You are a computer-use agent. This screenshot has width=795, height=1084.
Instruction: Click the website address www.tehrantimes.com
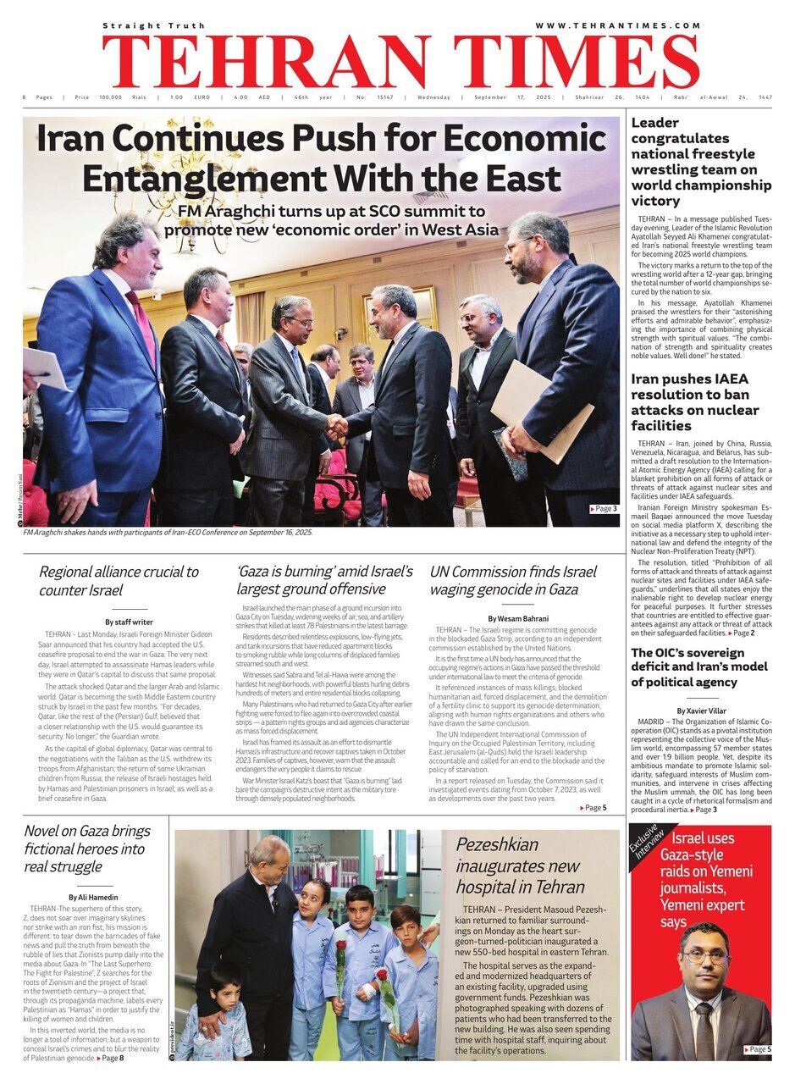click(618, 25)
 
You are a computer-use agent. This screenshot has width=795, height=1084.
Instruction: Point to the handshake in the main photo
click(338, 426)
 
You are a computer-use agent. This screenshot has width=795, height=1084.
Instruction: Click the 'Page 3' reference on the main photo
click(604, 509)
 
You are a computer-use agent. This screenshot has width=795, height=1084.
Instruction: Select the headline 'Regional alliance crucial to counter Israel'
click(119, 580)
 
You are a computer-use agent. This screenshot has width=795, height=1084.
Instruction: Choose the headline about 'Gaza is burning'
click(324, 579)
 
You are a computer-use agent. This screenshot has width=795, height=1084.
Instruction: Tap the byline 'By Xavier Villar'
click(700, 710)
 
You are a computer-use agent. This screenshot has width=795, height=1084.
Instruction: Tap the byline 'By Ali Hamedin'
click(94, 897)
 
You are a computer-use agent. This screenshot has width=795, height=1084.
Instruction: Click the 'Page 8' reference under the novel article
click(111, 1058)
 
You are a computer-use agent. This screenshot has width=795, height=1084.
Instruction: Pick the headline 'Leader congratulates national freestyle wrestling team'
click(701, 162)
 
